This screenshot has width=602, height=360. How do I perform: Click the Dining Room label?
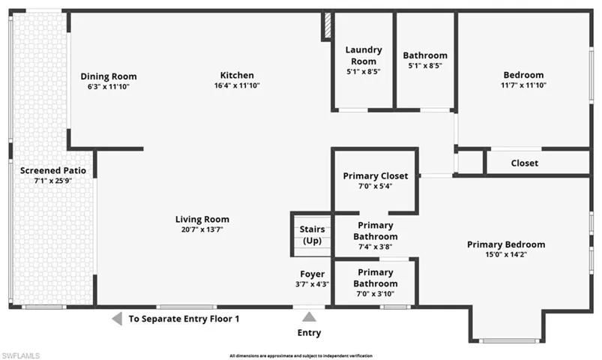pos(109,76)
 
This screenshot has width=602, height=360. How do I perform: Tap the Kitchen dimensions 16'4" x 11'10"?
pos(237,85)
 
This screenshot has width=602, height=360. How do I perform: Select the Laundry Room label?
pos(364,55)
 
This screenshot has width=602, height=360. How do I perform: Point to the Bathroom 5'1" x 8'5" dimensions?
pos(425,65)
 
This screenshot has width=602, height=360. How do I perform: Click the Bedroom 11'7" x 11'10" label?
pos(523,75)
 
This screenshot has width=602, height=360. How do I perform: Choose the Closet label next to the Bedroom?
pos(524,163)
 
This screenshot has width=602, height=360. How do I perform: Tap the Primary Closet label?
pos(376,175)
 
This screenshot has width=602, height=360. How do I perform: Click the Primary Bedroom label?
pos(506,244)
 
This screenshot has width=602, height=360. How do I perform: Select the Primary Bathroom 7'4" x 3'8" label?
pos(376,230)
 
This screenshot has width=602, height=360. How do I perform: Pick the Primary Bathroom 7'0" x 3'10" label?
pos(376,277)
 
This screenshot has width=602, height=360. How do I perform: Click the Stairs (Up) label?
pos(311,235)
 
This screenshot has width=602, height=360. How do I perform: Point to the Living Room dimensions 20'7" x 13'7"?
pos(202,229)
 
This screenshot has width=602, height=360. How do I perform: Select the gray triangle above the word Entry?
pos(309,317)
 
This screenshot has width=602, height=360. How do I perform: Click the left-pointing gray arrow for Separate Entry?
pos(117,319)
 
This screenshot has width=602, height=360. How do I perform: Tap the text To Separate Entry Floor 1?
pos(184,319)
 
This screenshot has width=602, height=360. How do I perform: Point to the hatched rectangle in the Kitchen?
pos(327,26)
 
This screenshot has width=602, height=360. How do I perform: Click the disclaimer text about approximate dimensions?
pos(301,355)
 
